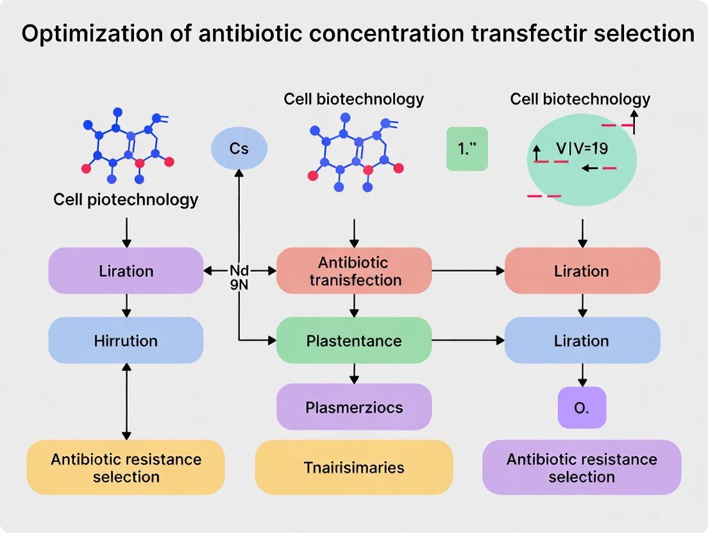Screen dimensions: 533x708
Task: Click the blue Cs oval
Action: click(x=239, y=149)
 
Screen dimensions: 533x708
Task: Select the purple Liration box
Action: click(x=126, y=270)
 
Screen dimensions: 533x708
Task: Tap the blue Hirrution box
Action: click(x=126, y=340)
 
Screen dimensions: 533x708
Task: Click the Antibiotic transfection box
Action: click(x=354, y=271)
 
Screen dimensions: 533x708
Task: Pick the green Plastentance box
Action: click(x=354, y=340)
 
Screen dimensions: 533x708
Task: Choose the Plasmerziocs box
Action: click(x=354, y=407)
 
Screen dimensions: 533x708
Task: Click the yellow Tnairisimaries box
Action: click(x=354, y=467)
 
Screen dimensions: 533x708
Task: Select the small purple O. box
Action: click(x=582, y=407)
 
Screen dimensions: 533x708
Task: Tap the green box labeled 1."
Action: click(x=467, y=149)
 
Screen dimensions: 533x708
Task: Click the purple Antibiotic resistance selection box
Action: click(x=582, y=467)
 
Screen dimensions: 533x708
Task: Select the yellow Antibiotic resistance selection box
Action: click(x=126, y=467)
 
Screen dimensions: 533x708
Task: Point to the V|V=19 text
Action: click(x=582, y=149)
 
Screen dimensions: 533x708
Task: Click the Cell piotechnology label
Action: click(x=126, y=199)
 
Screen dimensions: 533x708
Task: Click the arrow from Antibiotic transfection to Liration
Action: click(x=468, y=271)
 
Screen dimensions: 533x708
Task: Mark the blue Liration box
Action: click(x=582, y=340)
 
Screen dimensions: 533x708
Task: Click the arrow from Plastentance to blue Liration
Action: click(x=468, y=340)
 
